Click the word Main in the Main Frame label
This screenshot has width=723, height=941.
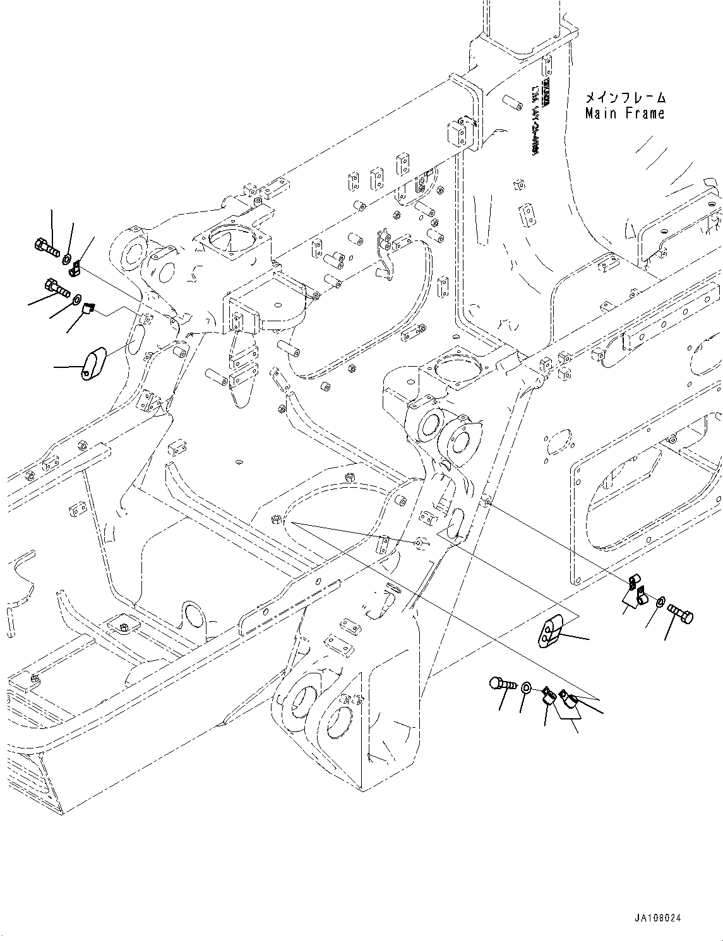pos(601,114)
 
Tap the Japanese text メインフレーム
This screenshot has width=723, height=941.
pos(624,98)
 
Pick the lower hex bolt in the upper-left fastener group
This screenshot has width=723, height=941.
pos(57,290)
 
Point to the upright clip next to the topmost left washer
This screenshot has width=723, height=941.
pos(75,269)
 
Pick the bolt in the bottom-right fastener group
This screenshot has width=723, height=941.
pos(503,684)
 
